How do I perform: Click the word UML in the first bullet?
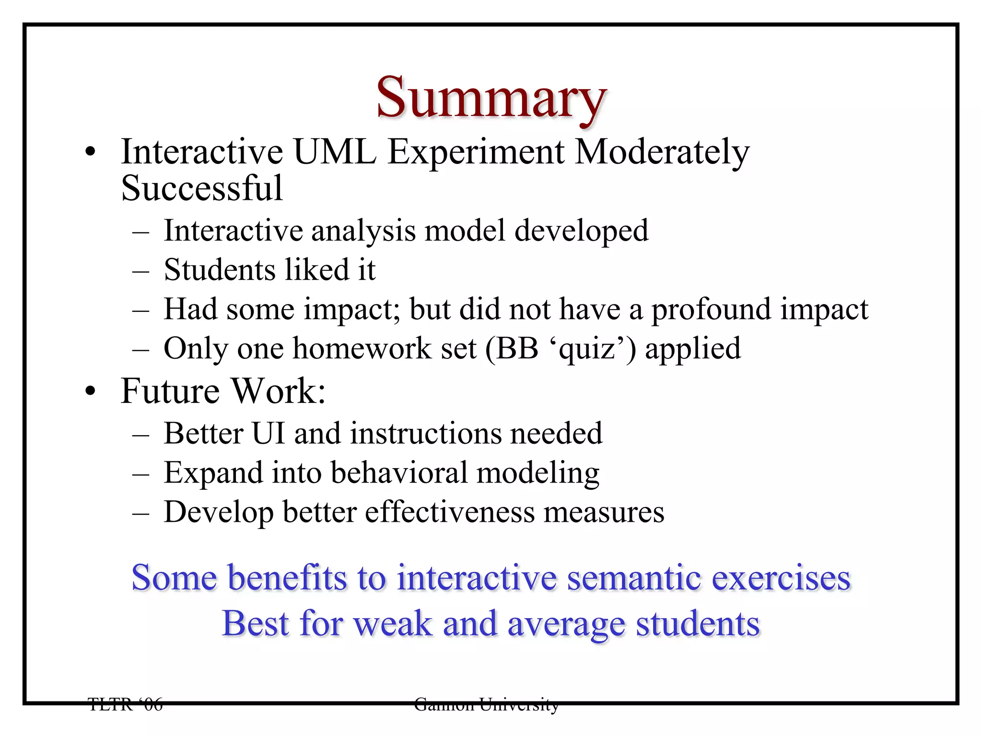pos(334,152)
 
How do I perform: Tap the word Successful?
pos(202,188)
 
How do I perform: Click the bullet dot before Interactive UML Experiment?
pos(90,153)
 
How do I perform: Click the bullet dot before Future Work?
pos(90,392)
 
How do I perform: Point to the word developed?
pos(581,231)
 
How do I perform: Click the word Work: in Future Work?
pos(279,391)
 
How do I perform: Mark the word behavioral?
pos(399,473)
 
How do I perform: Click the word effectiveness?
pos(450,512)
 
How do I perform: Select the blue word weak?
pos(393,624)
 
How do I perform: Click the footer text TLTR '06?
pos(126,704)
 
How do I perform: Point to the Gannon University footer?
pos(486,704)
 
